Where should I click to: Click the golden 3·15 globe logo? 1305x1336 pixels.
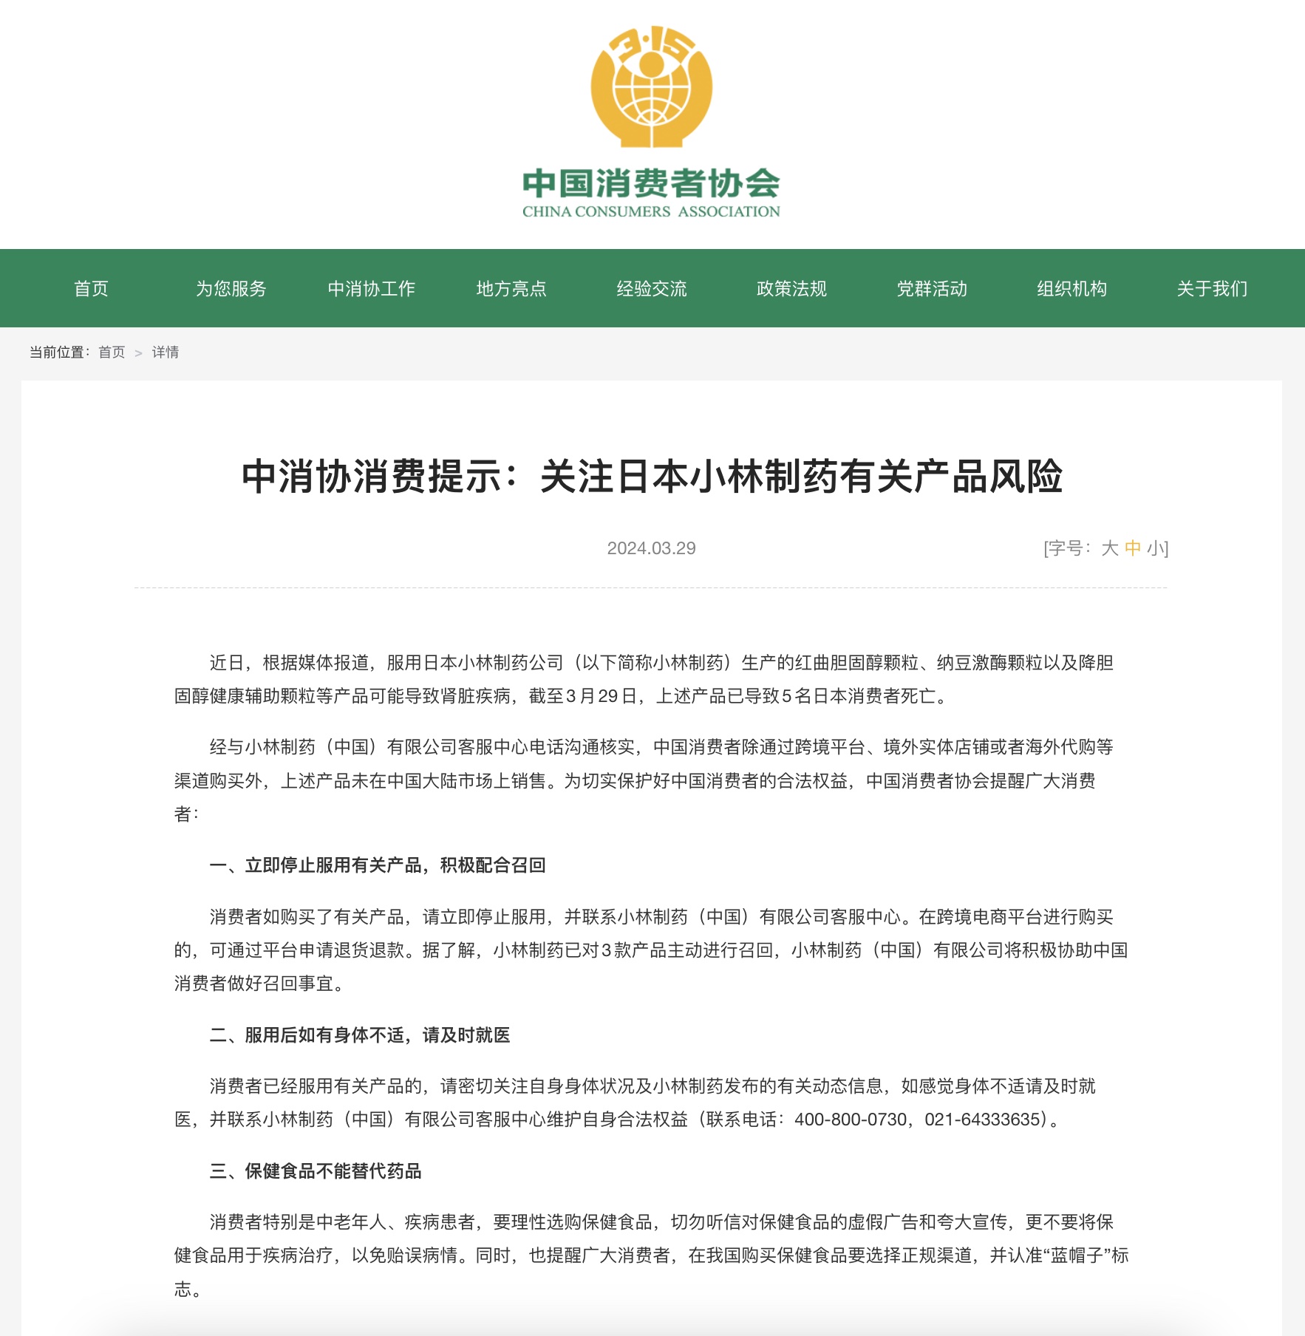coord(651,87)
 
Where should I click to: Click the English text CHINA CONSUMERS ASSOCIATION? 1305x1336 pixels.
coord(651,212)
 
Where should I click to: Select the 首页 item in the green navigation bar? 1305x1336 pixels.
coord(91,289)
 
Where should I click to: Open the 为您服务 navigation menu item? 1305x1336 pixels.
coord(231,289)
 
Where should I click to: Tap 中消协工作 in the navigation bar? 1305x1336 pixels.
coord(371,289)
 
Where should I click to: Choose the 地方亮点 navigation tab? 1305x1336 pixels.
coord(511,289)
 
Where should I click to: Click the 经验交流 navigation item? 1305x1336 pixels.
coord(652,289)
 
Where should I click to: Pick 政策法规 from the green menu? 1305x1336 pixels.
coord(791,289)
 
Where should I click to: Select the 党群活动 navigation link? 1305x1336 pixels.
coord(932,289)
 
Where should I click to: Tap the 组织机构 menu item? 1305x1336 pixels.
coord(1071,289)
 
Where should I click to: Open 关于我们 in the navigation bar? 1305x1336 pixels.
coord(1212,289)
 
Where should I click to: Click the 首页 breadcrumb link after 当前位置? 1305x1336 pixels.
coord(112,352)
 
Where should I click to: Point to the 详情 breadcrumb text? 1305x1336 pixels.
coord(166,352)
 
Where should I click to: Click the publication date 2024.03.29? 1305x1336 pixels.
coord(651,548)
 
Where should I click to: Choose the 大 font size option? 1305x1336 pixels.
coord(1109,548)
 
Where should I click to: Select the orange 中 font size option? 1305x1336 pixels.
coord(1132,548)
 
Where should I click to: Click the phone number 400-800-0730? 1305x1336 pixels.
coord(850,1120)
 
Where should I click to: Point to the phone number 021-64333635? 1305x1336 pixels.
coord(982,1120)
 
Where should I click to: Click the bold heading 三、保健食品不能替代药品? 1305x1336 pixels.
coord(316,1171)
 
